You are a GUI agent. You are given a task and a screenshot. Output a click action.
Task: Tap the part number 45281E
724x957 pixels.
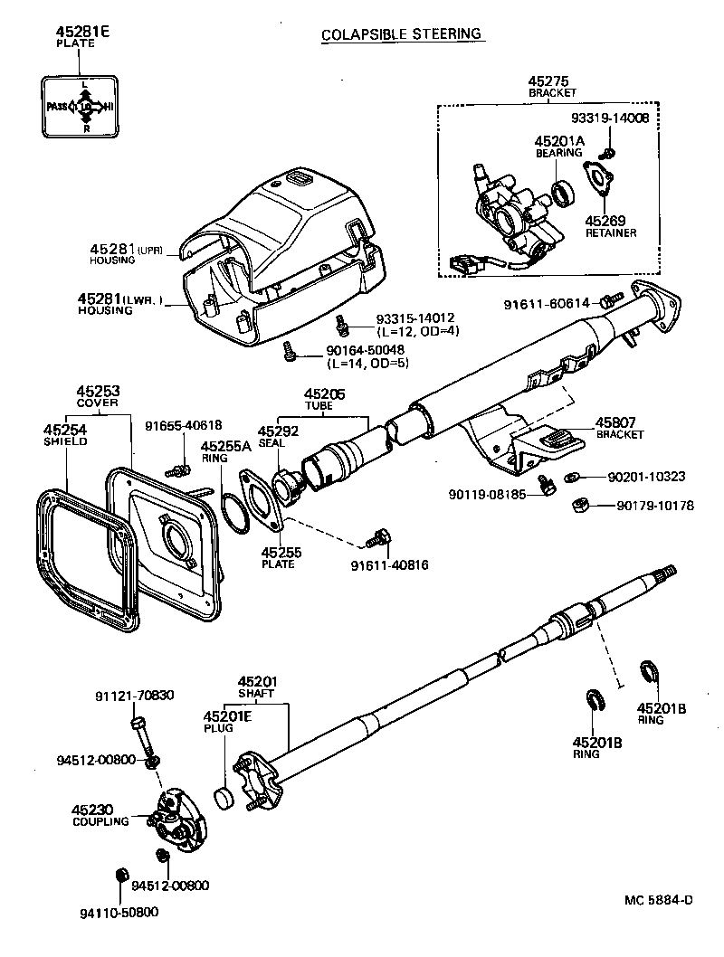pyautogui.click(x=82, y=32)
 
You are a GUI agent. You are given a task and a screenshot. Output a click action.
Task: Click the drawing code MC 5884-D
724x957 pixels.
pyautogui.click(x=658, y=899)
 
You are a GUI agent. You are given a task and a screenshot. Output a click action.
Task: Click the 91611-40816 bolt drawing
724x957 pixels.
pyautogui.click(x=376, y=541)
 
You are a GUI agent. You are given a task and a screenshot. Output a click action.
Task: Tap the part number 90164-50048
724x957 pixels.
pyautogui.click(x=365, y=349)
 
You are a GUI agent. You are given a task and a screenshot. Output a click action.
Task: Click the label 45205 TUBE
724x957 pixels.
pyautogui.click(x=324, y=399)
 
